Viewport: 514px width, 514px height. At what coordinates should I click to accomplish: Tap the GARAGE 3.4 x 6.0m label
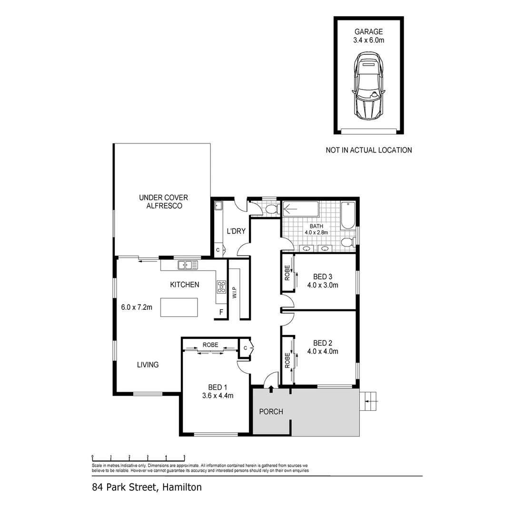pos(368,36)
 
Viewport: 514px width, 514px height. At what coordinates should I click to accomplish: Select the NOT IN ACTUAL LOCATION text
pos(368,150)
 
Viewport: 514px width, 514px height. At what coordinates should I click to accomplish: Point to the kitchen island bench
pos(179,307)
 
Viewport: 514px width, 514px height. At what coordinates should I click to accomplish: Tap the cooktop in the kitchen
pos(222,286)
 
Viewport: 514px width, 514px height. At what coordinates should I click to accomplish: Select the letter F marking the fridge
pos(221,313)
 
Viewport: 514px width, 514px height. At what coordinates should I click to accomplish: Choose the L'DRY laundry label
pos(236,231)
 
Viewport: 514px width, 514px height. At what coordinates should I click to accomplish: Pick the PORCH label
pos(271,411)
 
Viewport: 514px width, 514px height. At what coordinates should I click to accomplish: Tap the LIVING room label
pos(148,365)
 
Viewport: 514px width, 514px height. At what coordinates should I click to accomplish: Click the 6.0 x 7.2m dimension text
pos(137,307)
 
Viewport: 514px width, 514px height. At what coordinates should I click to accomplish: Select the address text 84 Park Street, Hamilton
pos(147,487)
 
